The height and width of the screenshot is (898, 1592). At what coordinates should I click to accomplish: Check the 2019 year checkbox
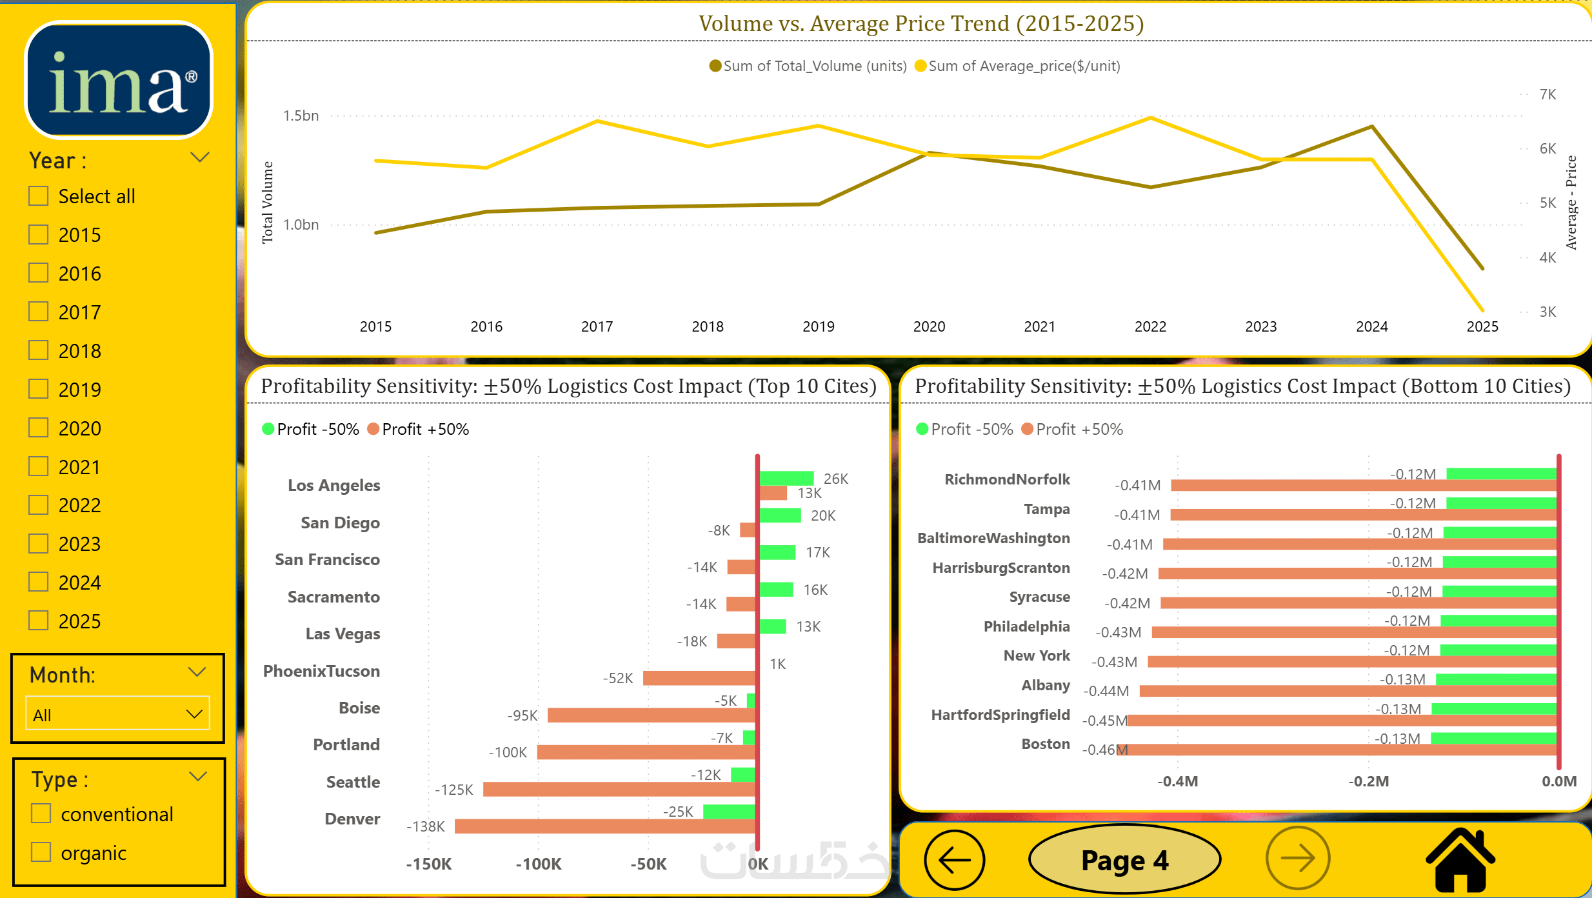pyautogui.click(x=39, y=390)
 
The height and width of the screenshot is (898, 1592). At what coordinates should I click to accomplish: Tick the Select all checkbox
pyautogui.click(x=39, y=196)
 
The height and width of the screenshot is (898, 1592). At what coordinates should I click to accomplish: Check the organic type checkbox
pyautogui.click(x=41, y=852)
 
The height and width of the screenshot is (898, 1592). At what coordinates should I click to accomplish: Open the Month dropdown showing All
pyautogui.click(x=117, y=714)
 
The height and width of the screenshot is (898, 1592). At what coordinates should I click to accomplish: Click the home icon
pyautogui.click(x=1460, y=860)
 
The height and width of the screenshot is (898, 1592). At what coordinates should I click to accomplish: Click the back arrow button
pyautogui.click(x=954, y=860)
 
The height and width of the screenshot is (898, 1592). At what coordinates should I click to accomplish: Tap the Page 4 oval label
pyautogui.click(x=1124, y=860)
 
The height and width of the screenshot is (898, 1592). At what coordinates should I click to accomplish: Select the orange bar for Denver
pyautogui.click(x=604, y=826)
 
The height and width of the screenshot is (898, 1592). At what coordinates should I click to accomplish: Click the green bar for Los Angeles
pyautogui.click(x=786, y=478)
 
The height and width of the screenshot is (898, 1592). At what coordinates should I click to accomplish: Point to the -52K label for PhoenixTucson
pyautogui.click(x=618, y=678)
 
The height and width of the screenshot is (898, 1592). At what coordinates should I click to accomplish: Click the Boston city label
pyautogui.click(x=1045, y=744)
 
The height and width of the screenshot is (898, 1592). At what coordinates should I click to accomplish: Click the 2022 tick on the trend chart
pyautogui.click(x=1150, y=326)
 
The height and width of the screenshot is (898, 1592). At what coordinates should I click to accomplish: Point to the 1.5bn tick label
pyautogui.click(x=301, y=115)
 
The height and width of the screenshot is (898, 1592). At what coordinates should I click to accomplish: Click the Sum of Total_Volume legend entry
pyautogui.click(x=808, y=66)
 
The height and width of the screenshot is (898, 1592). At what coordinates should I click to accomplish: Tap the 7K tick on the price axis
pyautogui.click(x=1547, y=94)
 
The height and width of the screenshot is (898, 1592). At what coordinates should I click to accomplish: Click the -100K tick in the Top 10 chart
pyautogui.click(x=539, y=864)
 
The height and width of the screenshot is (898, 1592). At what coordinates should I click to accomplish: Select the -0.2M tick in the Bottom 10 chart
pyautogui.click(x=1368, y=781)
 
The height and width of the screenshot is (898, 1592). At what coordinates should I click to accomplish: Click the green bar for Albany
pyautogui.click(x=1496, y=679)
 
